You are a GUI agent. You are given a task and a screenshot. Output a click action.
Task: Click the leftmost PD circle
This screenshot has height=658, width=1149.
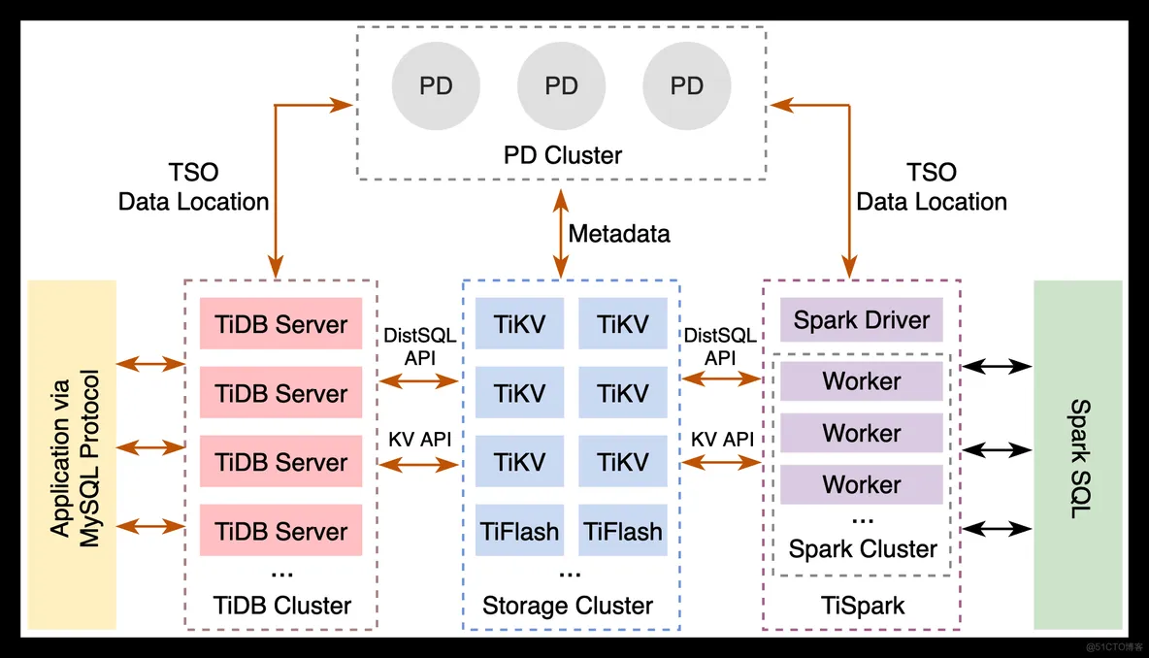436,85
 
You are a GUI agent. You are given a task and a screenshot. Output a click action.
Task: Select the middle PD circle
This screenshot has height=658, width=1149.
561,85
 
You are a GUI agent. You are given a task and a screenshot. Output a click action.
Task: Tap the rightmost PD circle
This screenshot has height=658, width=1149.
687,85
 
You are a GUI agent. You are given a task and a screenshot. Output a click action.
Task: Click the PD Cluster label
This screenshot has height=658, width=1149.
562,155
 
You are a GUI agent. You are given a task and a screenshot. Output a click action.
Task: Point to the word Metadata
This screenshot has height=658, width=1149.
619,234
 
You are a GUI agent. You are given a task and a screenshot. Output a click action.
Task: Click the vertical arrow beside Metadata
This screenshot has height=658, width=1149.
561,234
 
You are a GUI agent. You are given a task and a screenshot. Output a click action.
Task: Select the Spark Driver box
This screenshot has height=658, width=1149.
861,319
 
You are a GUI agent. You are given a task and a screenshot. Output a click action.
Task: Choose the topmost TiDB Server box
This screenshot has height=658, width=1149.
280,323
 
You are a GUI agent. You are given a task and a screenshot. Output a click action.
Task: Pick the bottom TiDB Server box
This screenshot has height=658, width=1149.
280,530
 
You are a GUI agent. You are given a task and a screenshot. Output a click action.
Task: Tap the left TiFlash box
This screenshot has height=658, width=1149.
519,530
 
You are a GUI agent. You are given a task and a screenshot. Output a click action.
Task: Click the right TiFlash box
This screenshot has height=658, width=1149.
623,530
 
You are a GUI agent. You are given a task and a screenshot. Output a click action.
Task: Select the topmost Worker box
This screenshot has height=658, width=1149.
861,381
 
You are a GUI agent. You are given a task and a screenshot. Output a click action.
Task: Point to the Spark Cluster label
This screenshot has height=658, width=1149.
863,549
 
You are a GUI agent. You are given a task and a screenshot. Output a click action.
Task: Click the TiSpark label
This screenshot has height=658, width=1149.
863,606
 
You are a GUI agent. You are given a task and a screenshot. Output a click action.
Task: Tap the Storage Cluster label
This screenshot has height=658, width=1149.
567,606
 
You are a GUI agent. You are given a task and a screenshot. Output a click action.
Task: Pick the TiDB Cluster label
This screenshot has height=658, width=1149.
282,606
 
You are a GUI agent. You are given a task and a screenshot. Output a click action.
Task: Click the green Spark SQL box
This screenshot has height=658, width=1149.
1078,455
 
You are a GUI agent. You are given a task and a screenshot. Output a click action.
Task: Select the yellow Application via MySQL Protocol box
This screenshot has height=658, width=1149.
72,455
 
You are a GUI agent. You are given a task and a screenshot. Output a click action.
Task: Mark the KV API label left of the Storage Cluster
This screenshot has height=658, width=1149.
420,440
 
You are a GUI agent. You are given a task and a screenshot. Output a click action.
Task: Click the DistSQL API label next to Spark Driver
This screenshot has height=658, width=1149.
720,346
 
